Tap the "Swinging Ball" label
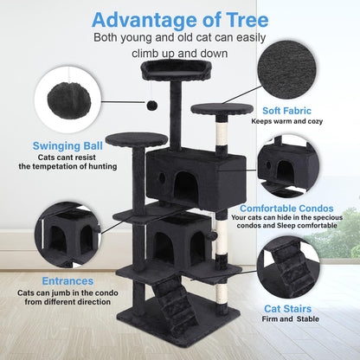click(67, 145)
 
